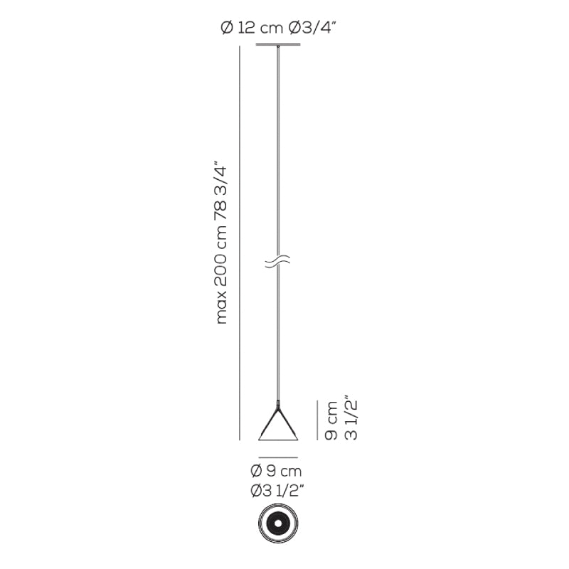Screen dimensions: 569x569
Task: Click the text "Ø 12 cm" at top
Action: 252,28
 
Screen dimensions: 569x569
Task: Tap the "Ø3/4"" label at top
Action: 310,28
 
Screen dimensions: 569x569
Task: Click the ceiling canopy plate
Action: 278,45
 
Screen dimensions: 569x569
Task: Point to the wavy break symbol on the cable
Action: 278,261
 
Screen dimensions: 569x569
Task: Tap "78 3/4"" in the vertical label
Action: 221,193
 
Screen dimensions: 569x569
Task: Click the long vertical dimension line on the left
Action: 240,243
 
